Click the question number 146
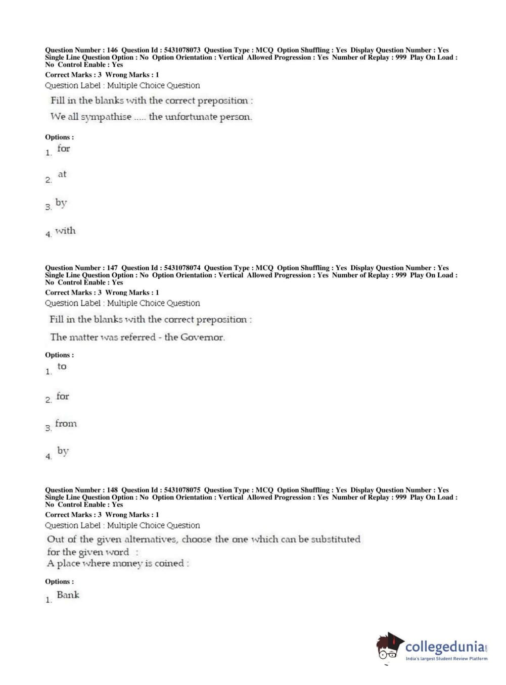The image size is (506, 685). coord(112,50)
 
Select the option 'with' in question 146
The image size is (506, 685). coord(65,231)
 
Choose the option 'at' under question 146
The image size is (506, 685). coord(62,174)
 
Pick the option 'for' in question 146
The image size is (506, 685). coord(64,149)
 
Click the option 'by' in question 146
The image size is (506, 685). coord(61,203)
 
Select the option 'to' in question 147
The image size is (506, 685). coord(62,366)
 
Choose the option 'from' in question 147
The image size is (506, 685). coord(66,423)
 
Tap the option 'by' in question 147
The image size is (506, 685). coord(63,451)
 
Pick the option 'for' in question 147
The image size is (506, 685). coord(63,396)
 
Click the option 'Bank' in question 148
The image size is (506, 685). coord(68,595)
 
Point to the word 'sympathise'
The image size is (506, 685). coord(106,117)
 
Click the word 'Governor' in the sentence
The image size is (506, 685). coord(202,337)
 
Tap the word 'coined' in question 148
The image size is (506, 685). coord(169,563)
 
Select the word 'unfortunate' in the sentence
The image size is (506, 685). coord(191,117)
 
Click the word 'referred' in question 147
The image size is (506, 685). coord(137,337)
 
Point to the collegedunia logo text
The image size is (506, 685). coord(445,647)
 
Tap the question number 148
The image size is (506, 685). coord(112,490)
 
